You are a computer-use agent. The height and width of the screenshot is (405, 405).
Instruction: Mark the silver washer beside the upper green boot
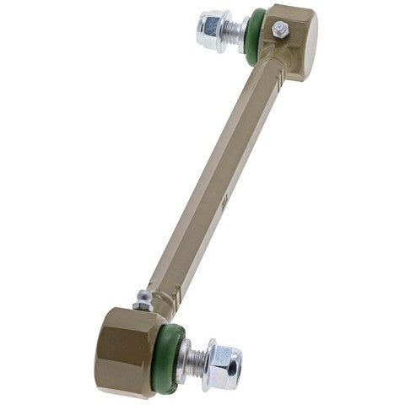pos(243,34)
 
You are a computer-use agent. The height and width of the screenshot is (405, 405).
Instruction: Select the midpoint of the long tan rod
pos(215,177)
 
